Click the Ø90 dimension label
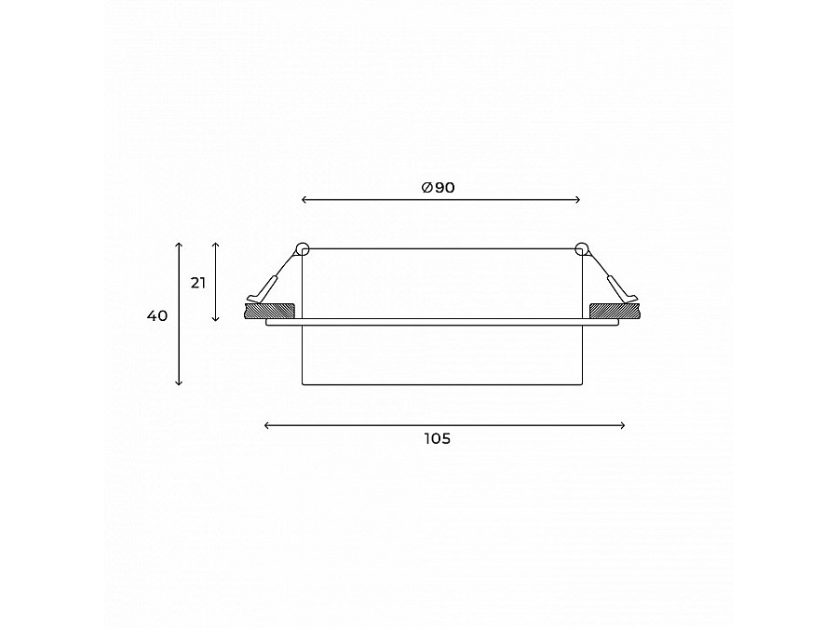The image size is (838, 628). pyautogui.click(x=438, y=188)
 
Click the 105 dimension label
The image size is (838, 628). pyautogui.click(x=437, y=439)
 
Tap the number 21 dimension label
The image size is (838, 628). pyautogui.click(x=198, y=283)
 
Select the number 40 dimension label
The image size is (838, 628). pyautogui.click(x=157, y=316)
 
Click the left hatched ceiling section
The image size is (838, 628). pyautogui.click(x=270, y=309)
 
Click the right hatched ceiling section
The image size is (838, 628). pyautogui.click(x=614, y=309)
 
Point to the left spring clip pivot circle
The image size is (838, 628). pyautogui.click(x=302, y=248)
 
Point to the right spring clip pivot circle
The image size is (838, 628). pyautogui.click(x=582, y=248)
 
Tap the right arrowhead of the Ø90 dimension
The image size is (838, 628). pyautogui.click(x=578, y=199)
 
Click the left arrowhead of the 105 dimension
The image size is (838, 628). pyautogui.click(x=268, y=425)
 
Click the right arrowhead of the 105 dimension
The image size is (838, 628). pyautogui.click(x=622, y=425)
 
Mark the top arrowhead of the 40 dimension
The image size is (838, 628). pyautogui.click(x=179, y=244)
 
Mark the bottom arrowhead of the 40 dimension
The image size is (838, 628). pyautogui.click(x=179, y=382)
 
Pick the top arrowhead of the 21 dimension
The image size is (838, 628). pyautogui.click(x=216, y=245)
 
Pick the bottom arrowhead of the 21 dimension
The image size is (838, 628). pyautogui.click(x=216, y=318)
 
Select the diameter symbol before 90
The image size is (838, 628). pyautogui.click(x=426, y=188)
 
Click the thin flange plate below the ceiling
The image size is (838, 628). pyautogui.click(x=442, y=323)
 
